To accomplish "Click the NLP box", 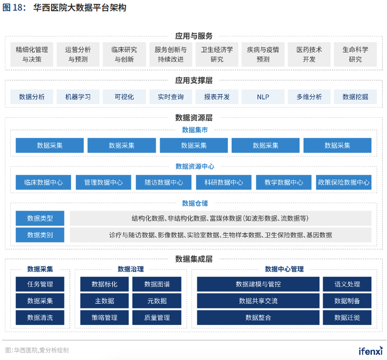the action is [263, 97].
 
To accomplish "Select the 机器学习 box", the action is [78, 97].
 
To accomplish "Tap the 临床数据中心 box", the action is [43, 182].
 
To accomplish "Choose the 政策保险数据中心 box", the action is [343, 182].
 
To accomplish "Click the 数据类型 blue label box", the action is [40, 218].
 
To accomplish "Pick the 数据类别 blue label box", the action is [40, 235].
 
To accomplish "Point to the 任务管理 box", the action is [40, 284].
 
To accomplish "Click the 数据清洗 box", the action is [40, 317].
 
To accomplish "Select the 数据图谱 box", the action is [157, 284].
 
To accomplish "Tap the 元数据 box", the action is [157, 301].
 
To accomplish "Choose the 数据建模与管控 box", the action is [258, 284].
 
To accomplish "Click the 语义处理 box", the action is [347, 284].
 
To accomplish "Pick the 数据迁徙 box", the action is [347, 317].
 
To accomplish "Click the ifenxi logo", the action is [371, 351].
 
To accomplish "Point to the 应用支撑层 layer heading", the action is [193, 80].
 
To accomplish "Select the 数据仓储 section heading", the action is [195, 203].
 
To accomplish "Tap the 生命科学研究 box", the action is [355, 54].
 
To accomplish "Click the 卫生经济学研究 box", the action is [217, 54].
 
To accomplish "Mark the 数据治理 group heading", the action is [131, 269].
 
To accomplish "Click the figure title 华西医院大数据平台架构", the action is [80, 8].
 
